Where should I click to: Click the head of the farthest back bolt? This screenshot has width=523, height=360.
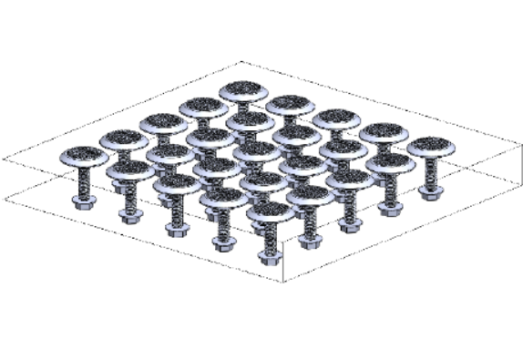[x=242, y=91]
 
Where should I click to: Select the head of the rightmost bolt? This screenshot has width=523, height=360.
[x=430, y=147]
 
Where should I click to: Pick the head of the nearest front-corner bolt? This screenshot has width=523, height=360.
[x=269, y=211]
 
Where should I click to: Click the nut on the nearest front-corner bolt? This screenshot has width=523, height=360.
[x=269, y=255]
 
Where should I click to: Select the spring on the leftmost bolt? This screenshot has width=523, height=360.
[x=81, y=180]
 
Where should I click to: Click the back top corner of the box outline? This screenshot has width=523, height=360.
[x=241, y=62]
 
